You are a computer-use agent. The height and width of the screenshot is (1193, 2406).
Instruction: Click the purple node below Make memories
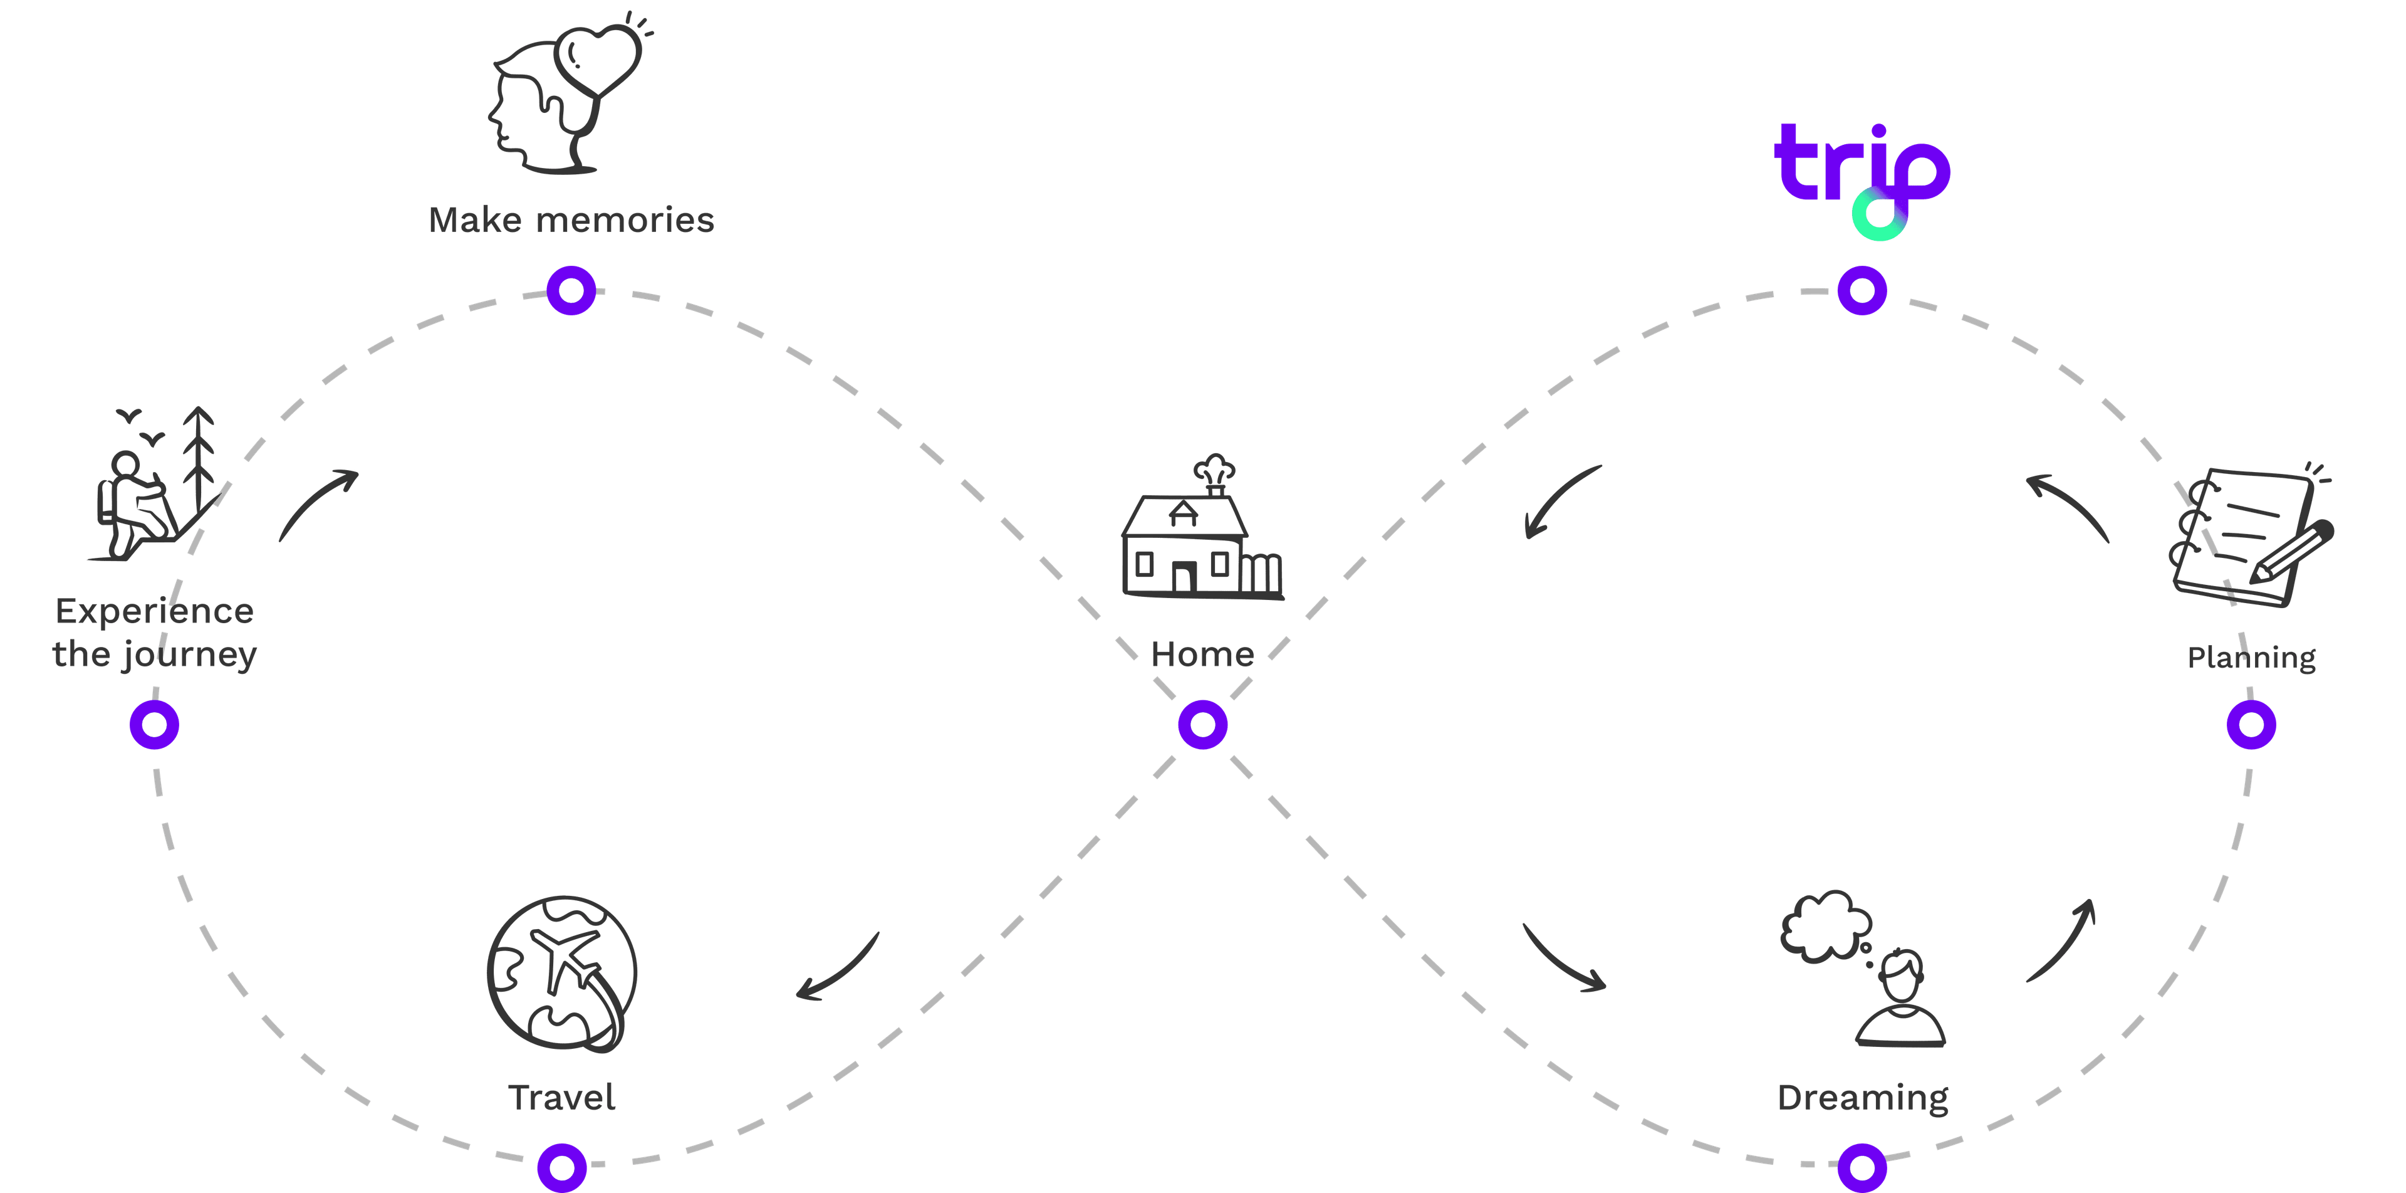pos(571,290)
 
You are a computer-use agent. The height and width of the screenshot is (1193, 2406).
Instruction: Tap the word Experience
pos(154,612)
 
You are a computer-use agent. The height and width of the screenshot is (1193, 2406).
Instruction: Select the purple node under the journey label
pos(154,725)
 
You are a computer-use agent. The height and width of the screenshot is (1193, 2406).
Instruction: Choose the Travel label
pos(561,1098)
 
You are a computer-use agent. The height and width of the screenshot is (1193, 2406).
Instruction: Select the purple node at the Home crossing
pos(1202,725)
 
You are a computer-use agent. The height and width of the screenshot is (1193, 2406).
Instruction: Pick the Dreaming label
pos(1862,1098)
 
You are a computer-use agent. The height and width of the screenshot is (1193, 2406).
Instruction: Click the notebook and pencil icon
pos(2251,537)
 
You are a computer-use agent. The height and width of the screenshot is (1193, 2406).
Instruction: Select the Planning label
pos(2251,658)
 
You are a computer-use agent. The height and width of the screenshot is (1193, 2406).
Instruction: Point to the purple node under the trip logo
pos(1862,290)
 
